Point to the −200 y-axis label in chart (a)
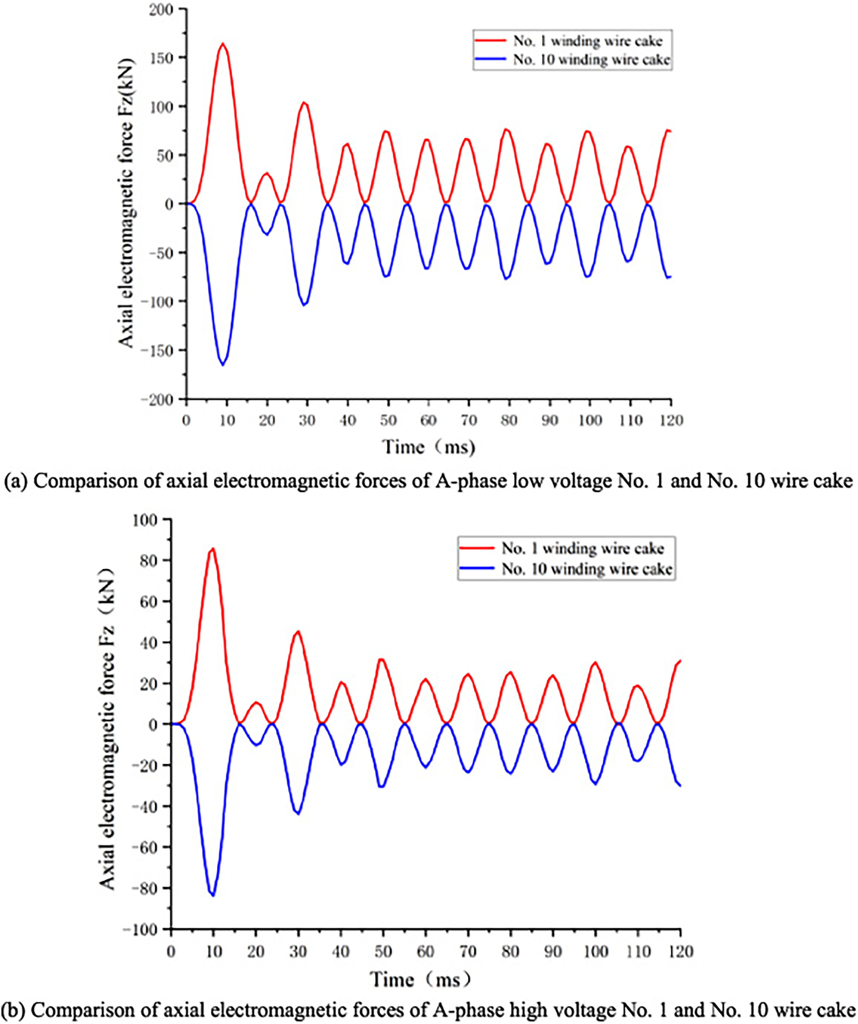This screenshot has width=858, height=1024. click(x=157, y=400)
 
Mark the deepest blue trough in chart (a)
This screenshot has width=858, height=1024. click(x=223, y=364)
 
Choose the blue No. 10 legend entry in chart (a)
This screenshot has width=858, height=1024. click(x=572, y=59)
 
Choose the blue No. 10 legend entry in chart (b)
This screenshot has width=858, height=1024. click(x=566, y=568)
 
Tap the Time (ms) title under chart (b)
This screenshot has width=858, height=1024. click(x=421, y=978)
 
